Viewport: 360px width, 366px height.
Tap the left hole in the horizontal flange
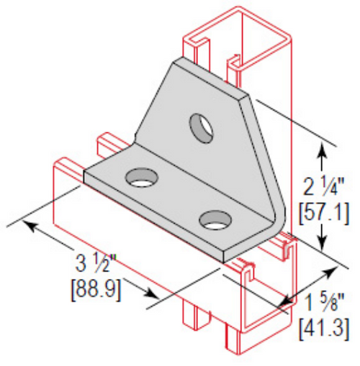(x=142, y=177)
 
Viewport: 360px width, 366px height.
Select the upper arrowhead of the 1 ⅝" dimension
(x=333, y=270)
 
